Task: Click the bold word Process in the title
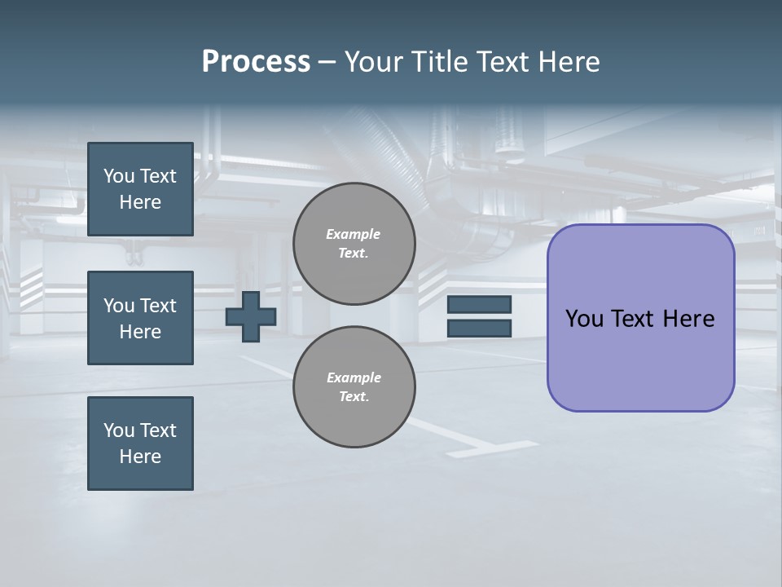tap(256, 62)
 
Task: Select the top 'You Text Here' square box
tap(140, 189)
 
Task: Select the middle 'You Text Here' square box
tap(140, 318)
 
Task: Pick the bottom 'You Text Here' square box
tap(140, 444)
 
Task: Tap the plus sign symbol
tap(251, 317)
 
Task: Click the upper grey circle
tap(354, 244)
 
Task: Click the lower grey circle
tap(354, 387)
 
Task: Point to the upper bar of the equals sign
tap(479, 305)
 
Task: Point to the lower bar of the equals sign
tap(479, 329)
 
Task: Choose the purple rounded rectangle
tap(640, 318)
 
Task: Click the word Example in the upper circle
tap(354, 234)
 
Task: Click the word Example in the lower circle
tap(354, 377)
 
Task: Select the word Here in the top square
tap(140, 203)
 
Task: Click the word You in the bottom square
tap(119, 430)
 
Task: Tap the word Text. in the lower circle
tap(354, 397)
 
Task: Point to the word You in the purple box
tap(584, 319)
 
